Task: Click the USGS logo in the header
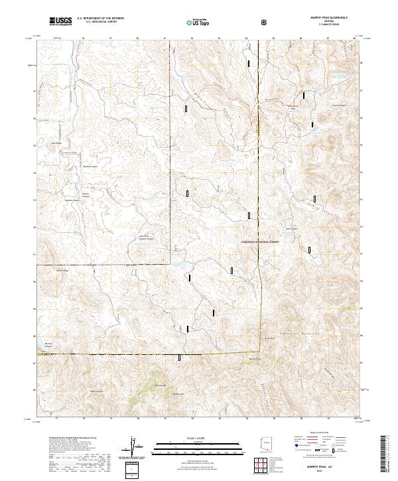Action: coord(60,22)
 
